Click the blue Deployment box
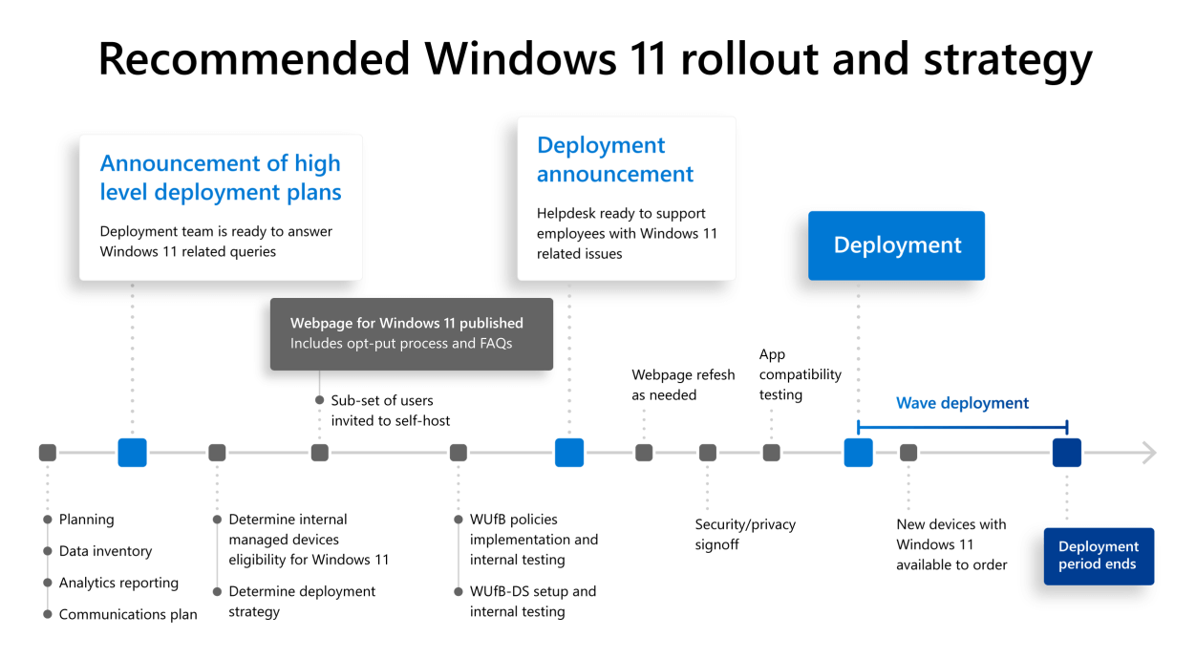[x=896, y=245]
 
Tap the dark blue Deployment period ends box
[x=1099, y=556]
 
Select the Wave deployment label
[x=962, y=403]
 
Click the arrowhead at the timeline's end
[x=1148, y=453]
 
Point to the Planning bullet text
[x=86, y=520]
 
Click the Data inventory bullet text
[x=105, y=551]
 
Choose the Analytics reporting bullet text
[x=118, y=583]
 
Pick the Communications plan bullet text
[x=128, y=614]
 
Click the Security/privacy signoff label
[x=744, y=534]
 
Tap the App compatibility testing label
[x=800, y=374]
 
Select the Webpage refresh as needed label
[x=682, y=385]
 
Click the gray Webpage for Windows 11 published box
[x=411, y=333]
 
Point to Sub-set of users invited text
[x=390, y=411]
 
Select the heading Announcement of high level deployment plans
[x=220, y=178]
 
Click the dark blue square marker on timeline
[x=1066, y=453]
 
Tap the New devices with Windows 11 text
[x=951, y=544]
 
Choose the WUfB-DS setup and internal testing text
[x=532, y=602]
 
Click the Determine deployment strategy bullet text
[x=302, y=602]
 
